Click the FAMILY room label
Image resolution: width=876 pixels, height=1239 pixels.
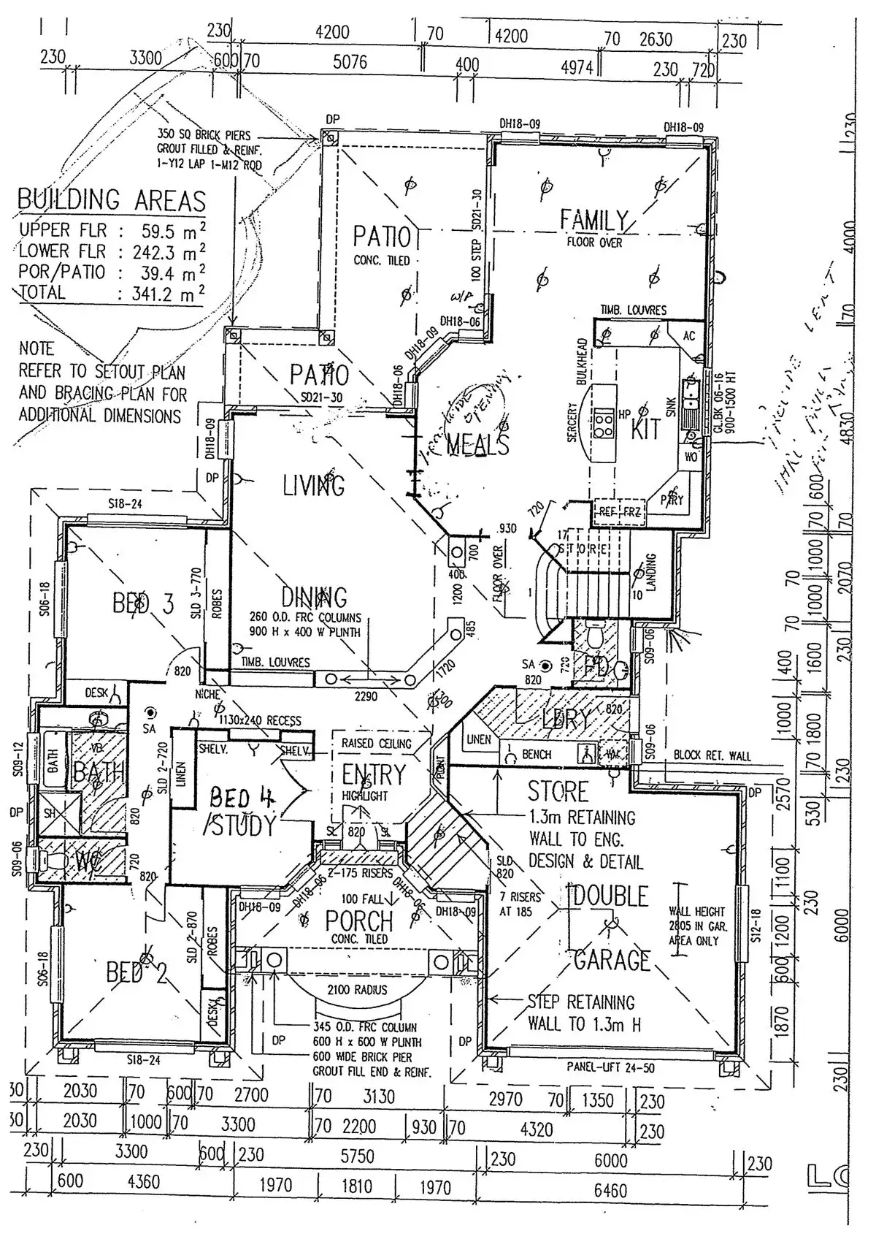point(594,220)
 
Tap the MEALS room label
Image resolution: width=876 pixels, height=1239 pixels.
point(477,443)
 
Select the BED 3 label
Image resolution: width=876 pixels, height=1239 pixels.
point(143,603)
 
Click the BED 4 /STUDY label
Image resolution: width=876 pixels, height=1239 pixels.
point(241,812)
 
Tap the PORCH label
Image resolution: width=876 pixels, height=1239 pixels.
point(359,921)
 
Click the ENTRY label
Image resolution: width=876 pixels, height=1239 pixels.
point(373,774)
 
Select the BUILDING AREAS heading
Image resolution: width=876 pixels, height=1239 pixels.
point(112,199)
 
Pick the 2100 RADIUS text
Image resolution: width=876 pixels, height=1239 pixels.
point(357,990)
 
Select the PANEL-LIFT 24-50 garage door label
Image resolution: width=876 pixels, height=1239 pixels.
point(610,1067)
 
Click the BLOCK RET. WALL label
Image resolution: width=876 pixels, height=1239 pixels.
point(711,755)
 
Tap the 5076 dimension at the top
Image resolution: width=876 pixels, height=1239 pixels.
point(350,62)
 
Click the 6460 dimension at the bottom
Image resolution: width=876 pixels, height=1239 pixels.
point(610,1191)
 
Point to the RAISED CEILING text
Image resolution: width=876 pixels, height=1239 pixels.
point(376,744)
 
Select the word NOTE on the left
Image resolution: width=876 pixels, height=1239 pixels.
point(36,348)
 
